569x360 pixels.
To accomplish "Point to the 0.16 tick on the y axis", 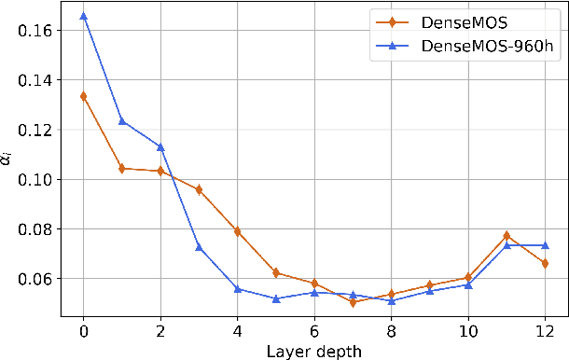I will click(x=34, y=30).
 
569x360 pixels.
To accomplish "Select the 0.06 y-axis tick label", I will click(x=34, y=279).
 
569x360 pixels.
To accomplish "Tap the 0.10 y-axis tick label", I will click(x=34, y=179).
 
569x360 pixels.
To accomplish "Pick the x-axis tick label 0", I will click(x=83, y=329).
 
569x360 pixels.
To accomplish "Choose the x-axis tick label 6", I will click(x=313, y=329).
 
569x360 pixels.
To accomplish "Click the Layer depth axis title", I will click(x=313, y=350).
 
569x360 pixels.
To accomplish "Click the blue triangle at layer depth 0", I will click(x=83, y=16).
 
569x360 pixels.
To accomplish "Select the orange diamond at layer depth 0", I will click(x=83, y=96).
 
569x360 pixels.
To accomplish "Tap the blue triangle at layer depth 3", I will click(x=199, y=247).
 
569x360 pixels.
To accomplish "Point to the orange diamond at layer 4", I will click(x=237, y=231).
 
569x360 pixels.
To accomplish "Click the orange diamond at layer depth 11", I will click(x=506, y=236).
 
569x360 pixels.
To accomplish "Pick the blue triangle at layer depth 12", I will click(x=544, y=245).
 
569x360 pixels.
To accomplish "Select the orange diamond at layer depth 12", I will click(x=544, y=264).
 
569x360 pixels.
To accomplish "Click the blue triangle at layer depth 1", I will click(x=121, y=121).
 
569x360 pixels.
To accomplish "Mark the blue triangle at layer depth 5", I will click(x=275, y=298).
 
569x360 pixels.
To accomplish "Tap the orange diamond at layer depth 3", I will click(x=199, y=189).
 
